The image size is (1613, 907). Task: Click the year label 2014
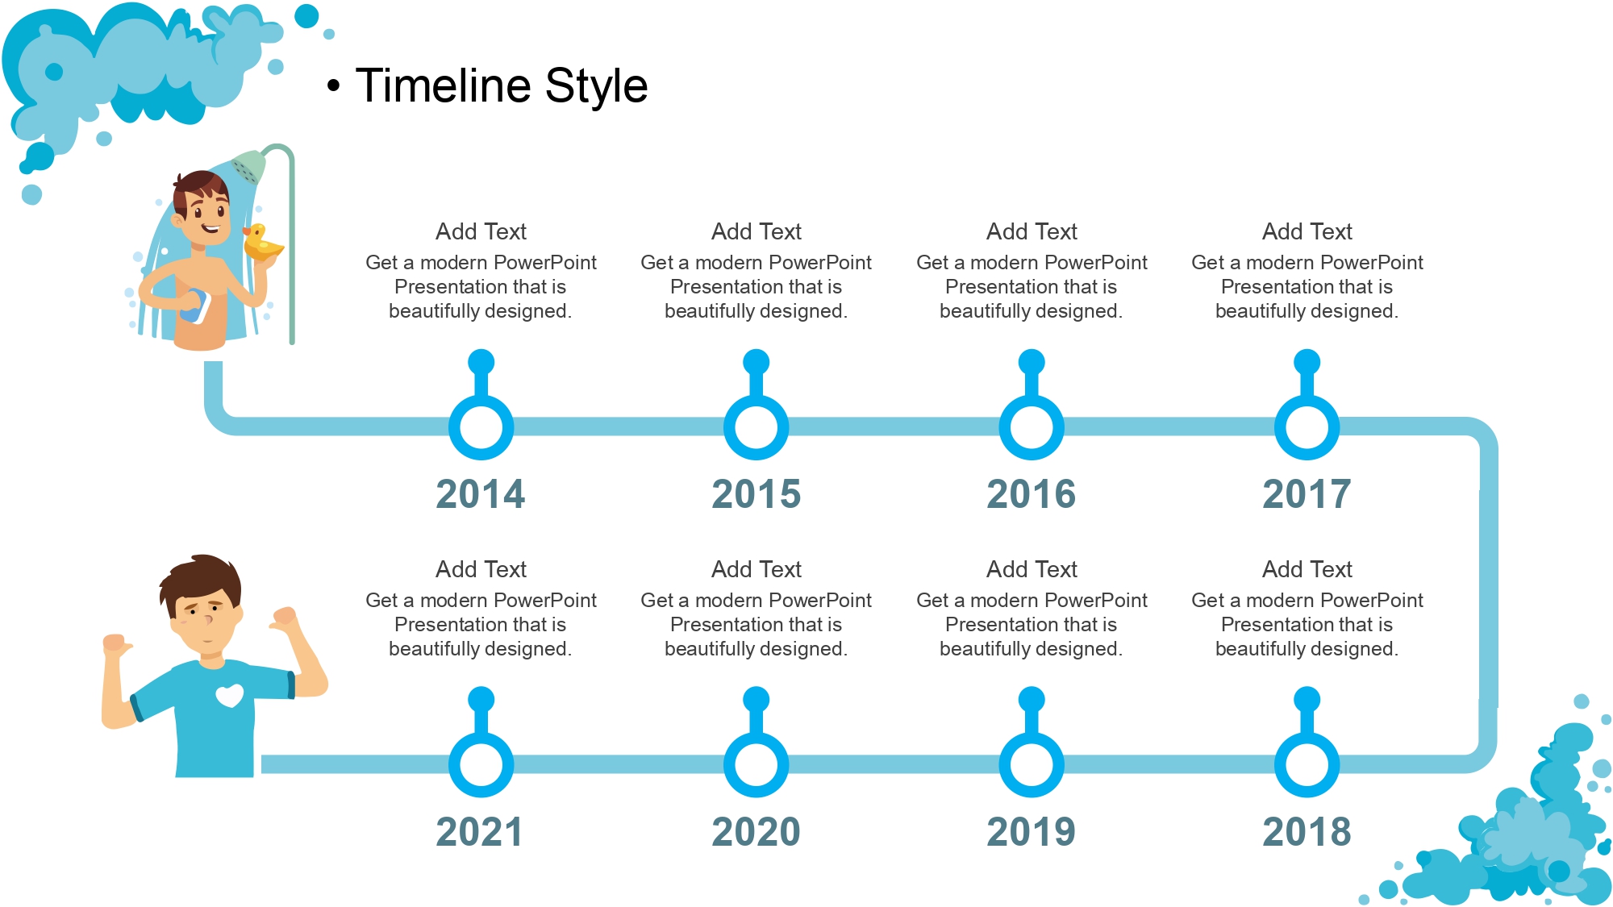click(481, 493)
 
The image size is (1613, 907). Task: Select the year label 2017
click(1307, 493)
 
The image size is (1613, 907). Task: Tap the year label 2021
click(480, 831)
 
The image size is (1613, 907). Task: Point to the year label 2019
click(1032, 831)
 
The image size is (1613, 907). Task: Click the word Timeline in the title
click(443, 85)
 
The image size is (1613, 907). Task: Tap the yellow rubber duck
click(261, 242)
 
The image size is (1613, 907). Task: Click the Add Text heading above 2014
click(481, 231)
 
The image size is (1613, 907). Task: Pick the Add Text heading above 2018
click(1307, 569)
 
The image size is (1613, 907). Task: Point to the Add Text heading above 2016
click(1032, 231)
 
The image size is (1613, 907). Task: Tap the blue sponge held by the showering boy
click(194, 306)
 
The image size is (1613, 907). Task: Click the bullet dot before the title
click(333, 86)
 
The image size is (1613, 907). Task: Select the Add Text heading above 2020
click(756, 569)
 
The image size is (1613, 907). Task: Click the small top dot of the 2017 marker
click(1307, 362)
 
